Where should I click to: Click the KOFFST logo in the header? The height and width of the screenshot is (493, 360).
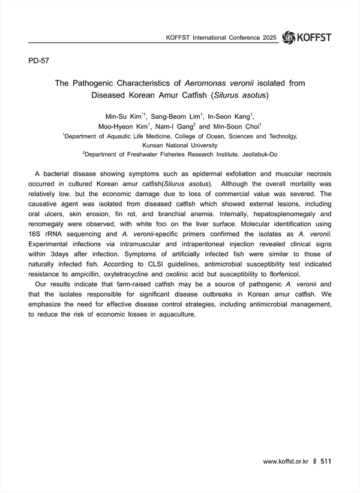pos(306,37)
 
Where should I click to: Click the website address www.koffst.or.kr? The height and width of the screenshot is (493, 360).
pos(286,462)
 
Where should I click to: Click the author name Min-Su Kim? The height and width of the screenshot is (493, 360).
pos(123,116)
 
